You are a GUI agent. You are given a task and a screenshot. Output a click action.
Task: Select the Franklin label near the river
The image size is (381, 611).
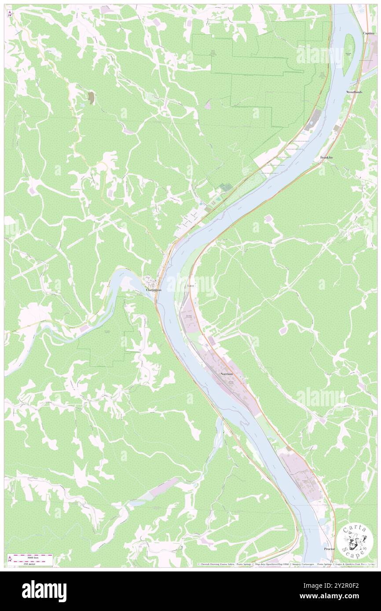326,157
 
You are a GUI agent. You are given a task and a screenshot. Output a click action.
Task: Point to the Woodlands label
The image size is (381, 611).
354,92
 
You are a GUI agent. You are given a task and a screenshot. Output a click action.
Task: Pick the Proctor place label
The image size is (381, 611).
329,549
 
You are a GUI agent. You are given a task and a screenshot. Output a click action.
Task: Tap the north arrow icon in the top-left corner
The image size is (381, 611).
10,13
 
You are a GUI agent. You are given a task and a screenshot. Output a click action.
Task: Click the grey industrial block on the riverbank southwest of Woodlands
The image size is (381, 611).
315,118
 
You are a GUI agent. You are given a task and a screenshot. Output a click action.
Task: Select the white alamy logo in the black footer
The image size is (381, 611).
44,591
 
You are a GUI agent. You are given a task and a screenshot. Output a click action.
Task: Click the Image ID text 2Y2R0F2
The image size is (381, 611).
347,586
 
